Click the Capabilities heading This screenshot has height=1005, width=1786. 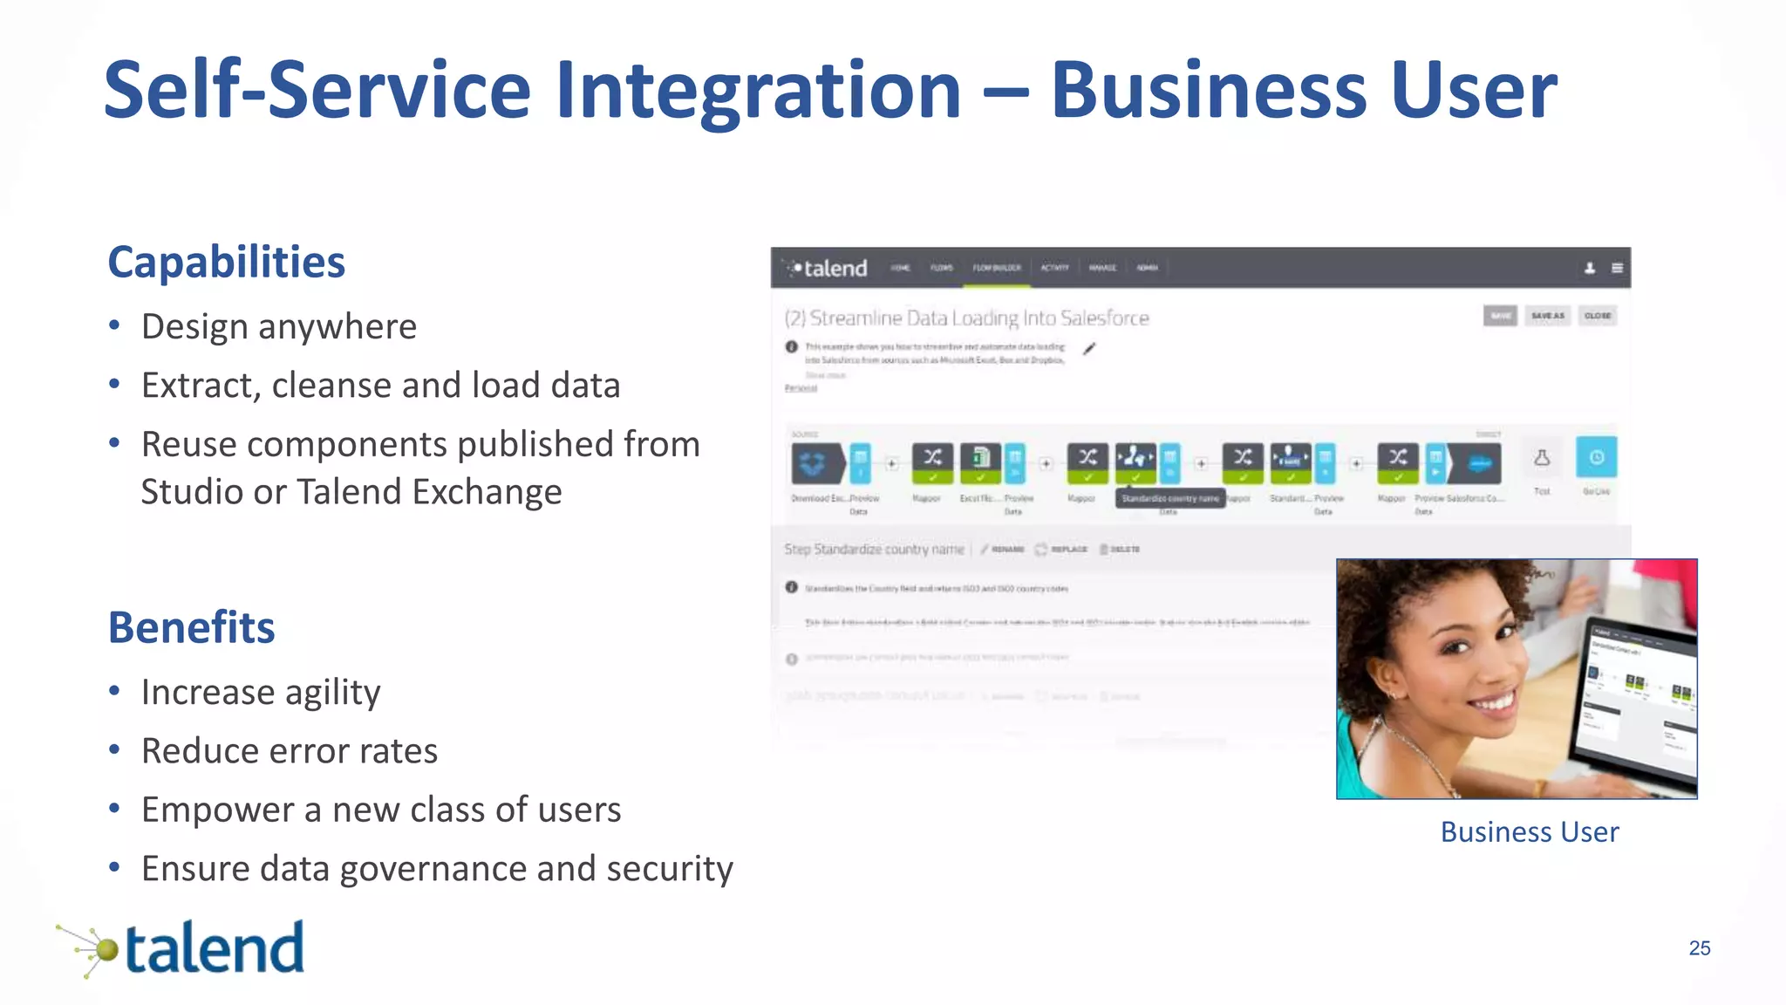coord(226,262)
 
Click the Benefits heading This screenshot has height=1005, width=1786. coord(191,627)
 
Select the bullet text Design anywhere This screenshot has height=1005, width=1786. coord(279,326)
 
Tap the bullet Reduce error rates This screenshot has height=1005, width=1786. coord(290,750)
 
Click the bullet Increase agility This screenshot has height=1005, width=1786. coord(261,692)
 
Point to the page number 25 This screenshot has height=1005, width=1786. coord(1699,948)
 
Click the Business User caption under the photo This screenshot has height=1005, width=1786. coord(1529,831)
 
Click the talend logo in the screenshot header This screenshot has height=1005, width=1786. coord(828,268)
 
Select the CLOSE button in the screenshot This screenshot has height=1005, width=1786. coord(1598,316)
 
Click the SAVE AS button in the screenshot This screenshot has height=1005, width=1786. coord(1547,316)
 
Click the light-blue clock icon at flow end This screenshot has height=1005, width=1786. coord(1596,458)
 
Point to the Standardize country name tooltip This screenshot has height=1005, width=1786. coord(1169,498)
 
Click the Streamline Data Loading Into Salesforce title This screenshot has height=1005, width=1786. coord(966,318)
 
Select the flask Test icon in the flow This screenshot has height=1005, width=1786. coord(1542,459)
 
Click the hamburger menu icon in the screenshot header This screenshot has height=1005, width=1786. coord(1617,268)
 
